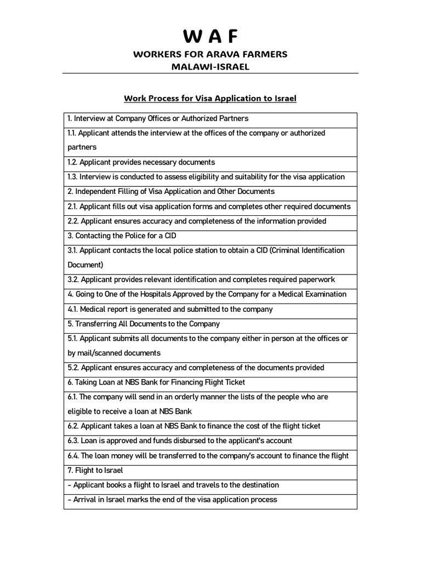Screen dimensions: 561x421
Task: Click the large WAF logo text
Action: click(210, 37)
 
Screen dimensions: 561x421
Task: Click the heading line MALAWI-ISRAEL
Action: click(210, 66)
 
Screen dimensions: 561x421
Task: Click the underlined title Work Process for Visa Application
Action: click(210, 99)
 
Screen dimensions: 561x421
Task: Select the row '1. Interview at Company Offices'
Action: click(158, 118)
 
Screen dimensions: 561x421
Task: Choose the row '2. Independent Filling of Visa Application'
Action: click(171, 192)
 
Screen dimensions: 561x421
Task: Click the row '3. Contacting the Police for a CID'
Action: click(124, 236)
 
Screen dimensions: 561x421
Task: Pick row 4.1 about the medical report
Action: click(170, 309)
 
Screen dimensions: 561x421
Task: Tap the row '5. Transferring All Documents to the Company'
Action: click(144, 324)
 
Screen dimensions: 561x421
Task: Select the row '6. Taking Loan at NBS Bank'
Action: click(156, 382)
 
